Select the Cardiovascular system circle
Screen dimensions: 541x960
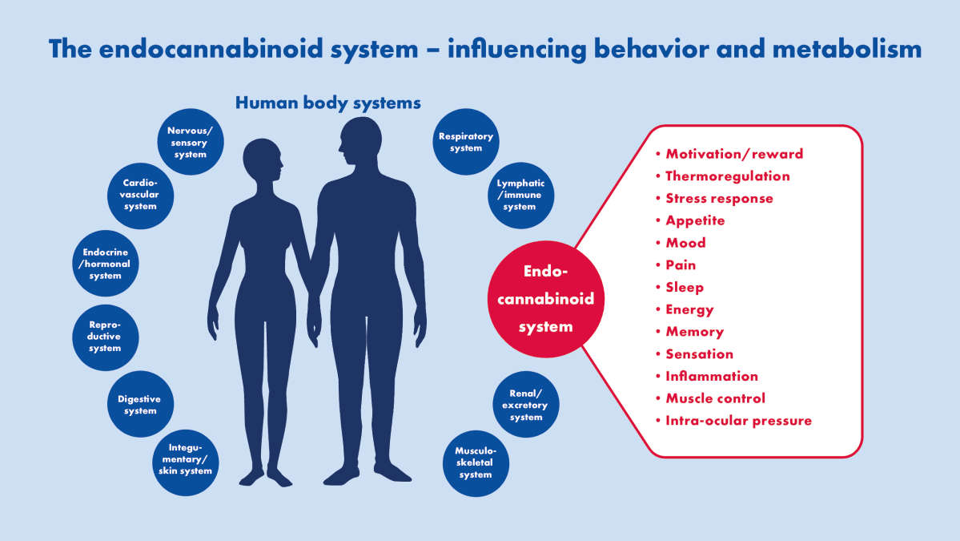[x=140, y=193]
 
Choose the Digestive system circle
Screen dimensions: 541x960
[x=140, y=404]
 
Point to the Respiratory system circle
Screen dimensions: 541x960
[x=465, y=142]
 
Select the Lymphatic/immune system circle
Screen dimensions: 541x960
[x=519, y=194]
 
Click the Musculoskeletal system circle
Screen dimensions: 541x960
[x=475, y=462]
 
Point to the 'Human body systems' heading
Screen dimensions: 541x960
[x=328, y=103]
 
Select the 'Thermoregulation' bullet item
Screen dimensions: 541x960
[x=727, y=176]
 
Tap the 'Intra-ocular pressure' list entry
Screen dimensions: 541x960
[x=738, y=421]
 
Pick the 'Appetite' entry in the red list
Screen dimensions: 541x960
[x=694, y=220]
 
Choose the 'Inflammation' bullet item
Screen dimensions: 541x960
[x=711, y=376]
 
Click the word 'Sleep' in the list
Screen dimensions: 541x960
[x=684, y=287]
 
